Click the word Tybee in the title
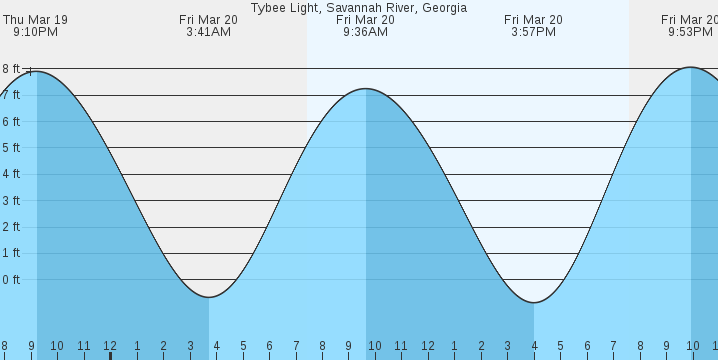[x=268, y=7]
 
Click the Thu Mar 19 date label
[x=35, y=19]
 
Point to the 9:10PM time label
[x=35, y=32]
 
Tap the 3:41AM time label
[x=208, y=32]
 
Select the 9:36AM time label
[x=365, y=32]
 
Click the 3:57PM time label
[x=533, y=32]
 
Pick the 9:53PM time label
[x=690, y=32]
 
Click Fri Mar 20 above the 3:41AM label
[x=208, y=19]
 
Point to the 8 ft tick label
[x=11, y=68]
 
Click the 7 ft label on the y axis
[x=11, y=95]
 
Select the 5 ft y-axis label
[x=11, y=148]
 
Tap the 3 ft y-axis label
[x=11, y=200]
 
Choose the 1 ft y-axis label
[x=11, y=253]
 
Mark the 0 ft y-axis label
[x=11, y=279]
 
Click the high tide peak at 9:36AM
[x=365, y=89]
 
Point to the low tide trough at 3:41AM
[x=208, y=297]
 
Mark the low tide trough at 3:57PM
[x=533, y=302]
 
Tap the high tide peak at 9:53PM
[x=691, y=67]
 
